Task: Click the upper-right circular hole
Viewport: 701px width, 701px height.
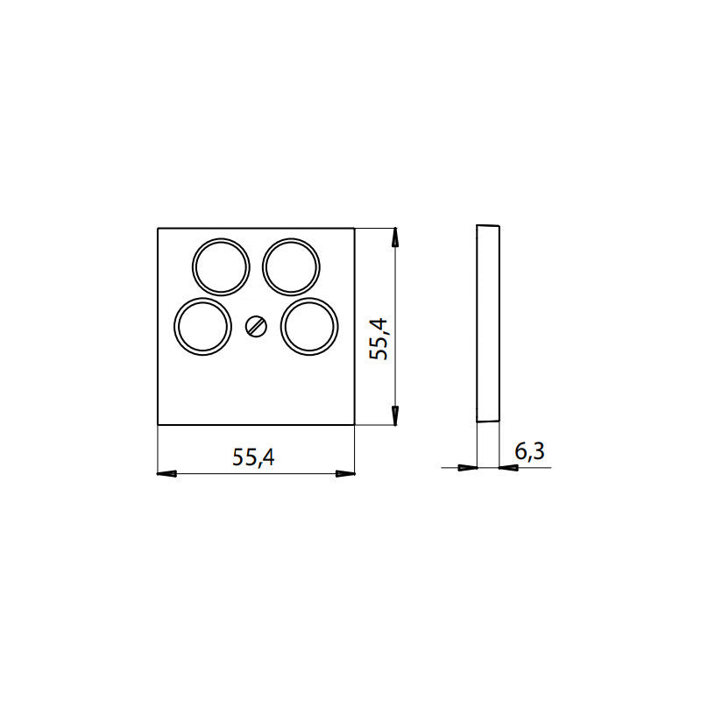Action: [291, 266]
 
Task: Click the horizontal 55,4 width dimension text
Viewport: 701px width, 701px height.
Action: [254, 457]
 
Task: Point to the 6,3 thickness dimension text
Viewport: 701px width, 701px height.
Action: [529, 452]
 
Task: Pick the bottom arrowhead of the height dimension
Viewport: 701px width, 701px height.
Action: [396, 415]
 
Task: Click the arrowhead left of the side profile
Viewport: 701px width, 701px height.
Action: [467, 468]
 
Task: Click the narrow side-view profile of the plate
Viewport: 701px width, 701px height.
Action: [487, 324]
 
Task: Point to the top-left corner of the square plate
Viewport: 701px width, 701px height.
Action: [158, 229]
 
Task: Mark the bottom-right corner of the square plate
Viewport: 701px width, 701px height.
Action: [354, 426]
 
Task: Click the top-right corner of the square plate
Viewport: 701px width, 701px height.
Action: [354, 229]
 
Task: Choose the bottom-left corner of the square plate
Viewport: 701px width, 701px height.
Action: [158, 426]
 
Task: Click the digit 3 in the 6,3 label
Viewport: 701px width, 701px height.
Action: [538, 452]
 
